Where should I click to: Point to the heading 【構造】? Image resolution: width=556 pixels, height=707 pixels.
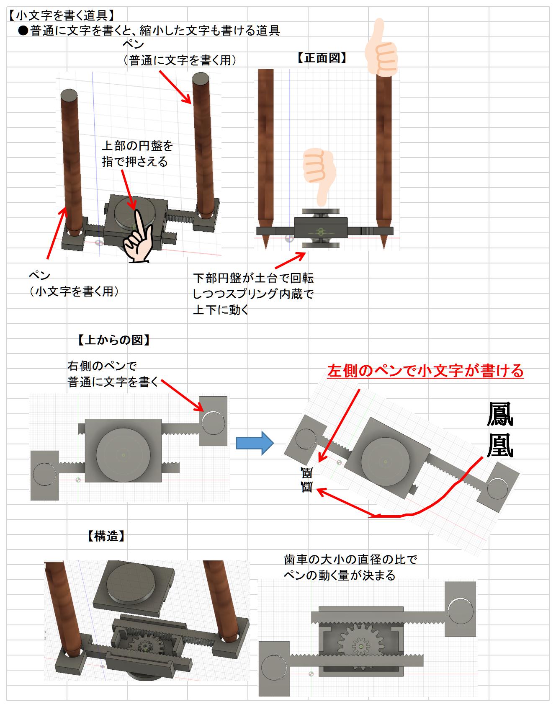pos(106,536)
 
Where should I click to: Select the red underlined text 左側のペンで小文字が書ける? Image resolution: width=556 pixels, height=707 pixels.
pos(425,371)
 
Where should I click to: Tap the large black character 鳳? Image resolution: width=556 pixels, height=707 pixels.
pos(500,415)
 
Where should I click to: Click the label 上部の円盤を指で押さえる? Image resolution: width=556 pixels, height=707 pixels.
pos(137,154)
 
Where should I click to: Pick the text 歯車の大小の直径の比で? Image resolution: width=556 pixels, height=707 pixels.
pos(350,560)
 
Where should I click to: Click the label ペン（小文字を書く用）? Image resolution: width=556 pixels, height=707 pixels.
pos(74,284)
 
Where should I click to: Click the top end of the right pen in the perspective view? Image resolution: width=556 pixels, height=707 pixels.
pos(200,79)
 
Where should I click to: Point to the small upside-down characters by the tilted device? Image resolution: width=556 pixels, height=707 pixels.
pos(307,480)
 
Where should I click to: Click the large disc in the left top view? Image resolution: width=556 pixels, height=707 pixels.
pos(123,455)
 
